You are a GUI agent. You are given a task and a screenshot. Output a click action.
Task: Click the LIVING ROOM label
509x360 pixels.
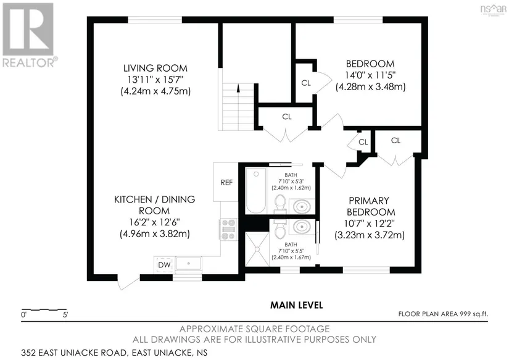[155, 68]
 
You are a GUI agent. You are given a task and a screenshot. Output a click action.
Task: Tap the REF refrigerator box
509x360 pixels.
[226, 182]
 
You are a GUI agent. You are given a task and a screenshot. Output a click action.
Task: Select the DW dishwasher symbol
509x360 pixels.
[164, 265]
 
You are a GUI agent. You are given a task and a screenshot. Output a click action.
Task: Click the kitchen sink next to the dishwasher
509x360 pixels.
[188, 264]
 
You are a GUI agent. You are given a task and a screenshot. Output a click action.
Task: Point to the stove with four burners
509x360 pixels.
[228, 229]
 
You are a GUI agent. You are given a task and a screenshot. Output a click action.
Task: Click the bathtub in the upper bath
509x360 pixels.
[256, 190]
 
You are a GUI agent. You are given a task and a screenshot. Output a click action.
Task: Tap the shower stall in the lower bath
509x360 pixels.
[257, 249]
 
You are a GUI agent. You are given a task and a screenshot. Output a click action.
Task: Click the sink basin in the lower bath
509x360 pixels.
[302, 227]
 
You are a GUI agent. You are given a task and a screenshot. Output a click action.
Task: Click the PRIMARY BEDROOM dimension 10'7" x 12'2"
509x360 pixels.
[370, 224]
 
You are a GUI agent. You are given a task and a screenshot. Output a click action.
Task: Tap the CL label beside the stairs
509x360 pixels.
[287, 117]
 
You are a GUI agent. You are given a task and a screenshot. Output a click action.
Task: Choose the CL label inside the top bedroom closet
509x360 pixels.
[306, 83]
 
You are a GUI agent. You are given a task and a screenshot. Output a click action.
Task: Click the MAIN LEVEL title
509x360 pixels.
[297, 305]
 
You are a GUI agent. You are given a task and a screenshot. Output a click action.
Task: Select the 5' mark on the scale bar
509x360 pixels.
[65, 314]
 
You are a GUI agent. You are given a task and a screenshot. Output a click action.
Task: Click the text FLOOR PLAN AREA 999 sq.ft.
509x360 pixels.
[443, 314]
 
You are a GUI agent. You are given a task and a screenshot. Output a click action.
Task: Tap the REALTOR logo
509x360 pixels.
[28, 35]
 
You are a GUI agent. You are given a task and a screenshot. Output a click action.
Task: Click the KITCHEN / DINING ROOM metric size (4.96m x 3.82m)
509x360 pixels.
[155, 234]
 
